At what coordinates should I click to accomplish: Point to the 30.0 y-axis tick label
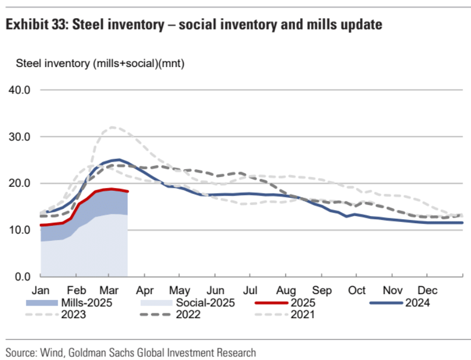click(19, 136)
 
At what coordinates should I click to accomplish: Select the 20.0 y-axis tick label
click(19, 183)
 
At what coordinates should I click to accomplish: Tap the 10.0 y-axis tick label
click(19, 230)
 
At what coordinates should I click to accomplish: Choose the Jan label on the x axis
click(41, 290)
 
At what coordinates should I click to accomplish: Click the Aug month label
click(286, 290)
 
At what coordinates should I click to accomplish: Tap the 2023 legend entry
click(74, 314)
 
